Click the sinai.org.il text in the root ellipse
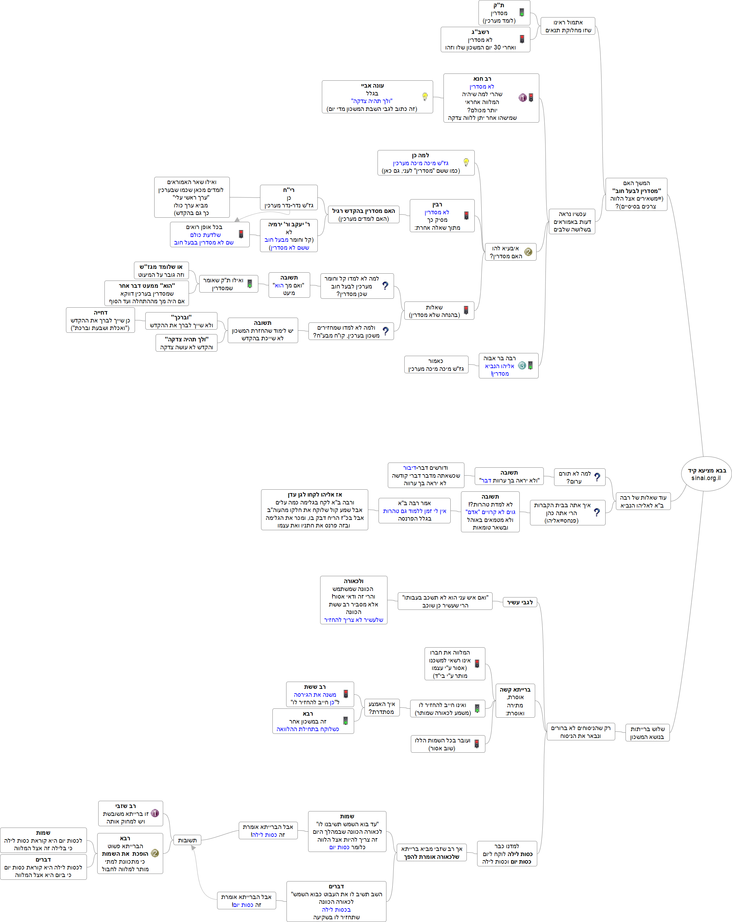(706, 478)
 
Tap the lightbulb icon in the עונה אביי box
(425, 96)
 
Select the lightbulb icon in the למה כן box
(466, 162)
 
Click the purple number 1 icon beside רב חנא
(522, 98)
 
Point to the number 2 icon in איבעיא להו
(528, 252)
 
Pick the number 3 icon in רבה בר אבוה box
(522, 365)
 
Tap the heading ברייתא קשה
(515, 690)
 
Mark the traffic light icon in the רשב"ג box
(522, 39)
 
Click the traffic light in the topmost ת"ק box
(522, 12)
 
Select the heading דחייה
(101, 312)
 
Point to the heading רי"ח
(289, 190)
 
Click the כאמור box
(436, 365)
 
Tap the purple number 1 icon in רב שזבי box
(155, 813)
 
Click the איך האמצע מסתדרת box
(382, 708)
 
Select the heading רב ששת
(315, 687)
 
